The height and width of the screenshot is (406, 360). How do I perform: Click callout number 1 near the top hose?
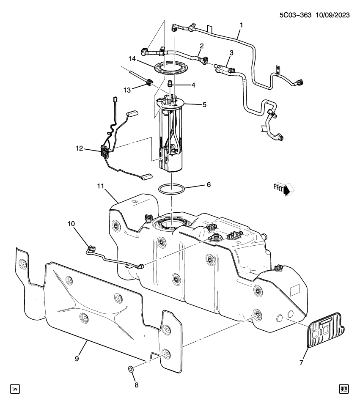[241, 25]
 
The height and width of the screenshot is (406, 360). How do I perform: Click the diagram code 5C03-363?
[295, 15]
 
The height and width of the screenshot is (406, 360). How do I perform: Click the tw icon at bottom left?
[14, 388]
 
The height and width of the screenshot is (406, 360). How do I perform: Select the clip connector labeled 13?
[150, 83]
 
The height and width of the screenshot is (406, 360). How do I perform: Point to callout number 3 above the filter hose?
[231, 53]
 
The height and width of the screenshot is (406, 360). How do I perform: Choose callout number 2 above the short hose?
[201, 46]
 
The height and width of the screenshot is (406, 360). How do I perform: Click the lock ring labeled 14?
[172, 68]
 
